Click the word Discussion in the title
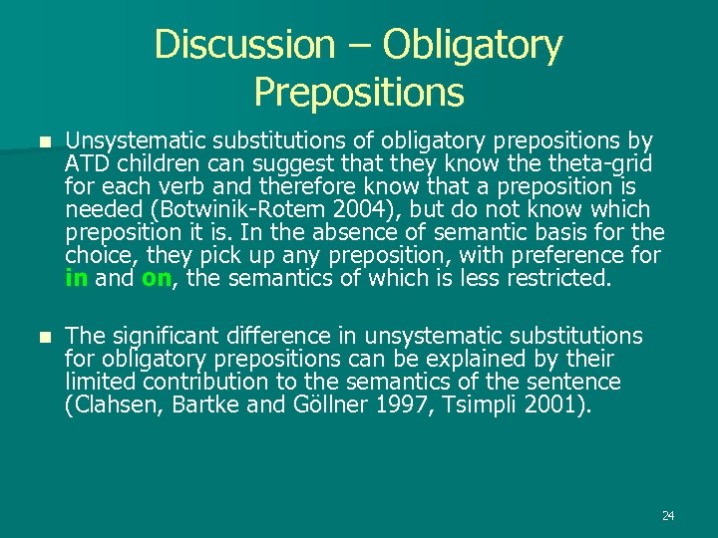(x=245, y=44)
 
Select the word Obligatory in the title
(x=473, y=46)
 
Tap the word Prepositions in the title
(x=359, y=93)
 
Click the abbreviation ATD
(x=88, y=164)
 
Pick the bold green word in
(x=76, y=279)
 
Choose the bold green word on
(x=156, y=279)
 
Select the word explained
(x=474, y=359)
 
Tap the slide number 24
(x=667, y=516)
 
